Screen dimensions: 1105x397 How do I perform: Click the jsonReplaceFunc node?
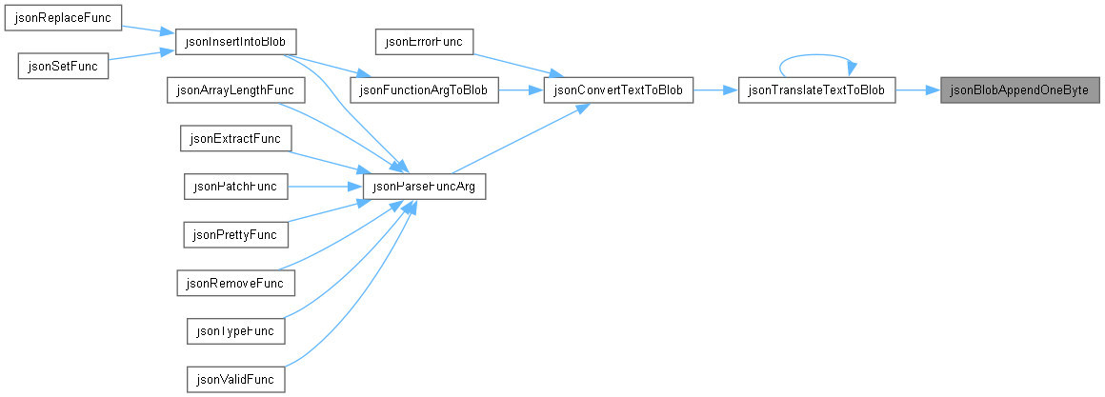point(64,17)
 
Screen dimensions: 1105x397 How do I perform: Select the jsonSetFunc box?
point(63,67)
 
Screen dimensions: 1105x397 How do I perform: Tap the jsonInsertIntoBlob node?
point(235,41)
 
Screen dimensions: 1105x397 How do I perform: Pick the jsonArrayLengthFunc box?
point(234,90)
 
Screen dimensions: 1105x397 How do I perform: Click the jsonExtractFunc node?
point(235,139)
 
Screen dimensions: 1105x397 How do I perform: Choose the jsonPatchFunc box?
point(235,187)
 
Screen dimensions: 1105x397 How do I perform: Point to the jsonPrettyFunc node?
point(235,233)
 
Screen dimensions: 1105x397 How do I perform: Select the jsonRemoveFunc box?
point(235,283)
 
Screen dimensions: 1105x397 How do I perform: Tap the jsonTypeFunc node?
point(235,331)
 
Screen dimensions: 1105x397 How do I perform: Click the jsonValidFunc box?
point(235,380)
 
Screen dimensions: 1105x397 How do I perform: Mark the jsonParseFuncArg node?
point(424,187)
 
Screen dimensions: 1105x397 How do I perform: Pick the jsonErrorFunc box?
point(424,41)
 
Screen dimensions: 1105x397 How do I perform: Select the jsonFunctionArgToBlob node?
point(424,90)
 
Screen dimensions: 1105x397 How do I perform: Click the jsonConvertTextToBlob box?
point(619,90)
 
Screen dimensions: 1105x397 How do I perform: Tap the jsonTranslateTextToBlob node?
point(816,90)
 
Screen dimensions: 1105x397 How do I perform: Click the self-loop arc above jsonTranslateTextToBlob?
point(816,55)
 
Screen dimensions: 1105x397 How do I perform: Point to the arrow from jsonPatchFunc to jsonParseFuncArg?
point(325,187)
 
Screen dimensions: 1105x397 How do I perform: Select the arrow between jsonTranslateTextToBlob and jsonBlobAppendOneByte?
point(917,90)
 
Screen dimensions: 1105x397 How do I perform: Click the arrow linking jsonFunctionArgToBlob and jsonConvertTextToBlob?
point(521,90)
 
